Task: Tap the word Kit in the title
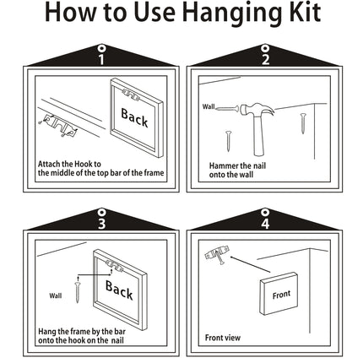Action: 305,12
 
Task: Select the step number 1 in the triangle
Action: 101,59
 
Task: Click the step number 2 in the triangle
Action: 265,59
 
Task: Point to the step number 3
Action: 101,224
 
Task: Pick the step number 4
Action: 265,224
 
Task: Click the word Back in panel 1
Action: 134,118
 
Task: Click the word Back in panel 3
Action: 119,290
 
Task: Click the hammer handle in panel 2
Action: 259,134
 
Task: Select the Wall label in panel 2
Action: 209,106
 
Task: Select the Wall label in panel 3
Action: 56,295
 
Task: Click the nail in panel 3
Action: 78,290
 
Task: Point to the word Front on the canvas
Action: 281,295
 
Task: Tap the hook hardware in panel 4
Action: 217,253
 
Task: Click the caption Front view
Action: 223,338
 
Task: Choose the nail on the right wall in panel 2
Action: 303,123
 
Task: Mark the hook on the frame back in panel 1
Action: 131,95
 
